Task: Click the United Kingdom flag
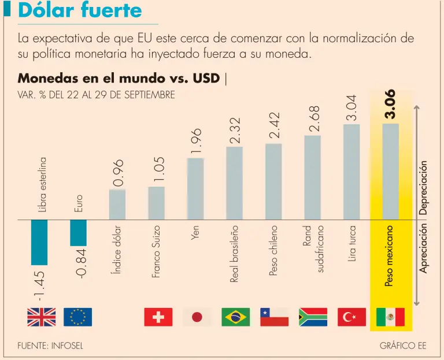click(x=42, y=317)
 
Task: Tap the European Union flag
click(x=78, y=317)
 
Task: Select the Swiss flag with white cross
click(x=158, y=317)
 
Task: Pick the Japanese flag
click(x=197, y=317)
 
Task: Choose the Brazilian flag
click(x=236, y=317)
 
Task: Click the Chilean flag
click(x=274, y=317)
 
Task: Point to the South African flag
click(x=313, y=317)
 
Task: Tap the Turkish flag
click(x=351, y=317)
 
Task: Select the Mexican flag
click(x=390, y=317)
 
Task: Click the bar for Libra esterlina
click(x=39, y=242)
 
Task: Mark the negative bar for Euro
click(x=78, y=233)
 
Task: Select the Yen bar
click(x=195, y=188)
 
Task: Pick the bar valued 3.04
click(x=351, y=172)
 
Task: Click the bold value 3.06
click(x=390, y=104)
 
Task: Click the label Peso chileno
click(x=273, y=251)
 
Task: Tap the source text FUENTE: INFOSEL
click(x=50, y=346)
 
